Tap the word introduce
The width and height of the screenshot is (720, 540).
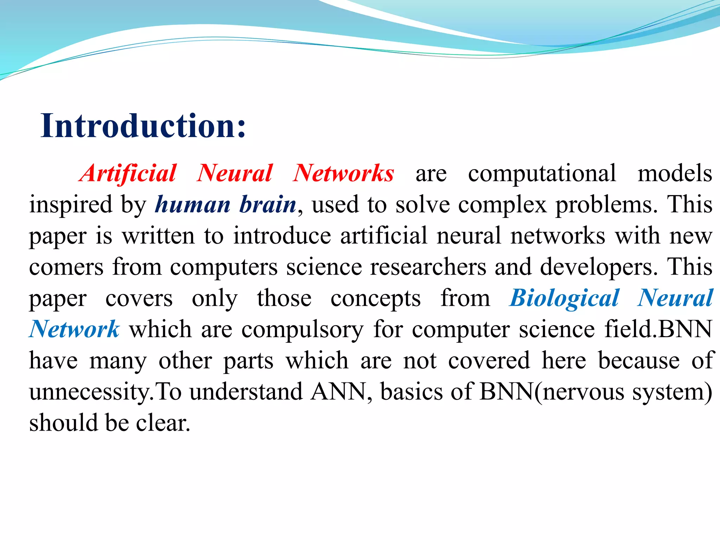(x=282, y=236)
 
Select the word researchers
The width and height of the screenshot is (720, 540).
(x=428, y=267)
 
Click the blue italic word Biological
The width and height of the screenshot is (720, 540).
(x=564, y=298)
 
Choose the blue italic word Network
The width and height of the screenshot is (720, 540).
(x=75, y=329)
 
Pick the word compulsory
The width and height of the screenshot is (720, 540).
(x=302, y=329)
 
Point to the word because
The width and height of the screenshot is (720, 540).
(x=639, y=361)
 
